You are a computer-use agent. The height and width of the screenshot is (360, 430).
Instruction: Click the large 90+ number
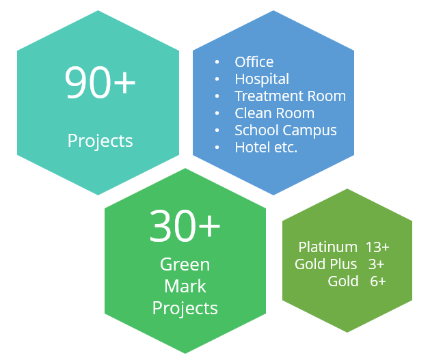[100, 82]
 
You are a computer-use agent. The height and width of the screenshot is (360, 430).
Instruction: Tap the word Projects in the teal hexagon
[100, 141]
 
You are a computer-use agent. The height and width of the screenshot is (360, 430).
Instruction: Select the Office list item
[254, 62]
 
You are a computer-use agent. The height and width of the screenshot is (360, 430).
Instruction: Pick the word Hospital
[262, 79]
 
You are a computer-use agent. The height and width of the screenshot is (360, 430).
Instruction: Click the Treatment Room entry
[291, 96]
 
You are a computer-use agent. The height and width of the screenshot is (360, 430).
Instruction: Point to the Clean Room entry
[275, 113]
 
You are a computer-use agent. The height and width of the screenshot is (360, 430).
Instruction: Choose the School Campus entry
[286, 130]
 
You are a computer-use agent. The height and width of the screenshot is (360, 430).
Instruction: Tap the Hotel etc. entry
[266, 148]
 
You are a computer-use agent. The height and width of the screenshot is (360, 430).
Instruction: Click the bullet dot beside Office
[217, 62]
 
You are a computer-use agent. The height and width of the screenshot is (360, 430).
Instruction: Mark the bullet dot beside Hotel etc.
[217, 148]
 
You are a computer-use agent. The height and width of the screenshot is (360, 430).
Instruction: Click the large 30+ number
[185, 225]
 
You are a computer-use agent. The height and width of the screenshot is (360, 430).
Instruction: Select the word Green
[185, 264]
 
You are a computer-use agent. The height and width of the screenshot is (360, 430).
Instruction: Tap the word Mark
[185, 287]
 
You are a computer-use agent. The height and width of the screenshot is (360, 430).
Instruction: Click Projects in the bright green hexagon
[185, 309]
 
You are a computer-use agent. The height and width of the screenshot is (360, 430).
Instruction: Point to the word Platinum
[328, 247]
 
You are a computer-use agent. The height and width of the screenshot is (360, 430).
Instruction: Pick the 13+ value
[377, 247]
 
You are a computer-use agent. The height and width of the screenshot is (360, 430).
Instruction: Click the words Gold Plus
[326, 264]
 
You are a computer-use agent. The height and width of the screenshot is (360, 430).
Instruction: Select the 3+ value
[376, 264]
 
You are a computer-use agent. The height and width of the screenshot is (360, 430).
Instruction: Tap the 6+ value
[378, 281]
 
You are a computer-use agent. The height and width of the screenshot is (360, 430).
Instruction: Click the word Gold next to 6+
[343, 281]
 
